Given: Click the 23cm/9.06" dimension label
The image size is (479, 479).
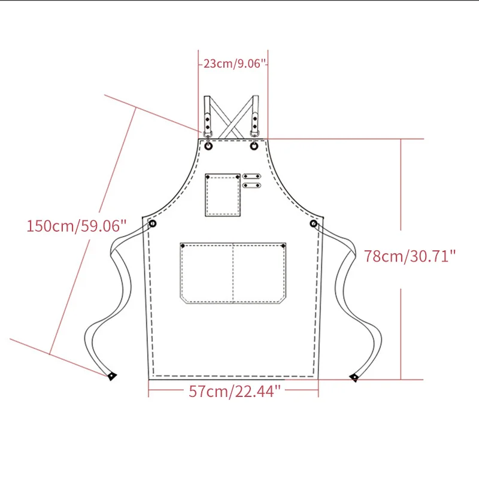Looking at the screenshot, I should point(234,63).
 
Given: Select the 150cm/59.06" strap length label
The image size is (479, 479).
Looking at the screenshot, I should point(77,226).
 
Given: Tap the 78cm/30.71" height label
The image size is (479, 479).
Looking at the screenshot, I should point(410,256).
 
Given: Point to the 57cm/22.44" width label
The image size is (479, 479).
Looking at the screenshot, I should point(235,392).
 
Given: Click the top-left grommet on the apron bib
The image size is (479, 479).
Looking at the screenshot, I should point(208,145).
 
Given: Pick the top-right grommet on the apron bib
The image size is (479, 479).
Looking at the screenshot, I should point(255,145).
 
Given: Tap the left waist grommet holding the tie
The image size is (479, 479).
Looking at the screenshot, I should point(153,223).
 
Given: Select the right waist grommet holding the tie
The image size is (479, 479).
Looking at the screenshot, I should point(314,223).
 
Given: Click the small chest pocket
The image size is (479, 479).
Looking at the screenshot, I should point(223,195).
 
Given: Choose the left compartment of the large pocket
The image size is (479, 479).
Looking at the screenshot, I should point(207,272).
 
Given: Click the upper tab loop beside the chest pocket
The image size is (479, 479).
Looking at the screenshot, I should point(251,177).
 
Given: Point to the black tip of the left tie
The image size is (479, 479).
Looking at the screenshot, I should point(111,377).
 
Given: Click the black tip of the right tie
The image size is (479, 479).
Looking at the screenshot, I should point(354,377).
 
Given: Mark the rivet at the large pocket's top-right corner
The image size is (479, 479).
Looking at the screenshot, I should point(284,245).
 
